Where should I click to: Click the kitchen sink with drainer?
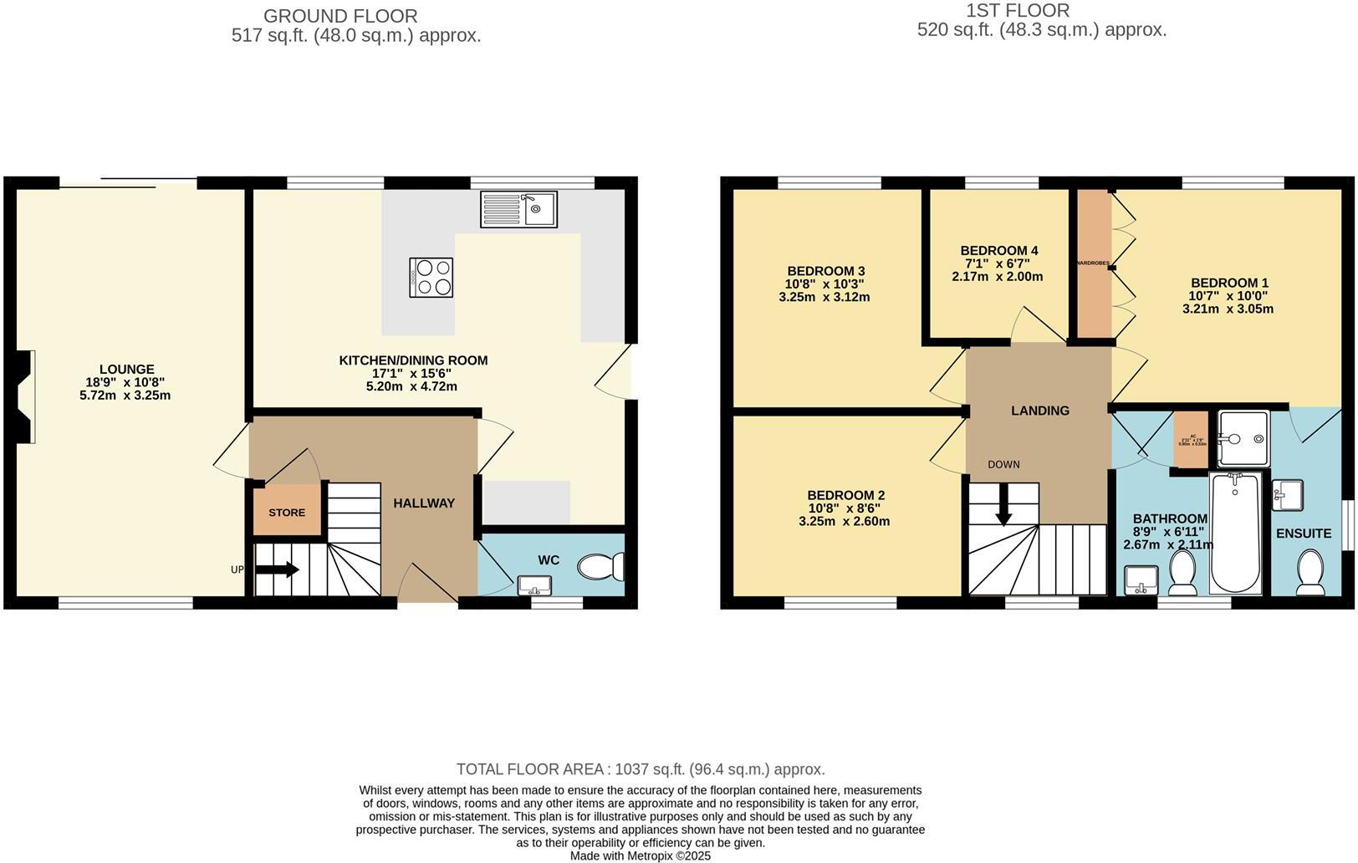[x=518, y=209]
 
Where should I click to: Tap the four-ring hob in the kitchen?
[x=431, y=277]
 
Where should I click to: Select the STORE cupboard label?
[x=287, y=513]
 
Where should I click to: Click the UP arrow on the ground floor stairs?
[x=278, y=569]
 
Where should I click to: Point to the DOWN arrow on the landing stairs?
[x=1003, y=506]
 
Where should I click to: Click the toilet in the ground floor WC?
[x=600, y=567]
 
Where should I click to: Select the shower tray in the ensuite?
[x=1243, y=438]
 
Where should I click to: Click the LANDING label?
[x=1039, y=411]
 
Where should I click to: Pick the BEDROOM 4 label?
[x=998, y=251]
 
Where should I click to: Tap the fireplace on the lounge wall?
[x=25, y=395]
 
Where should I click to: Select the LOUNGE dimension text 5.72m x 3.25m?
[x=125, y=395]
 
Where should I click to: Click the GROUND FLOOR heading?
[x=340, y=16]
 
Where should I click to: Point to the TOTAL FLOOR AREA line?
[x=641, y=769]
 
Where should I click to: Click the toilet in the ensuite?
[x=1309, y=573]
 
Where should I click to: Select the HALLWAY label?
[x=424, y=503]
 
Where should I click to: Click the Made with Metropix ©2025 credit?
[x=640, y=855]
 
